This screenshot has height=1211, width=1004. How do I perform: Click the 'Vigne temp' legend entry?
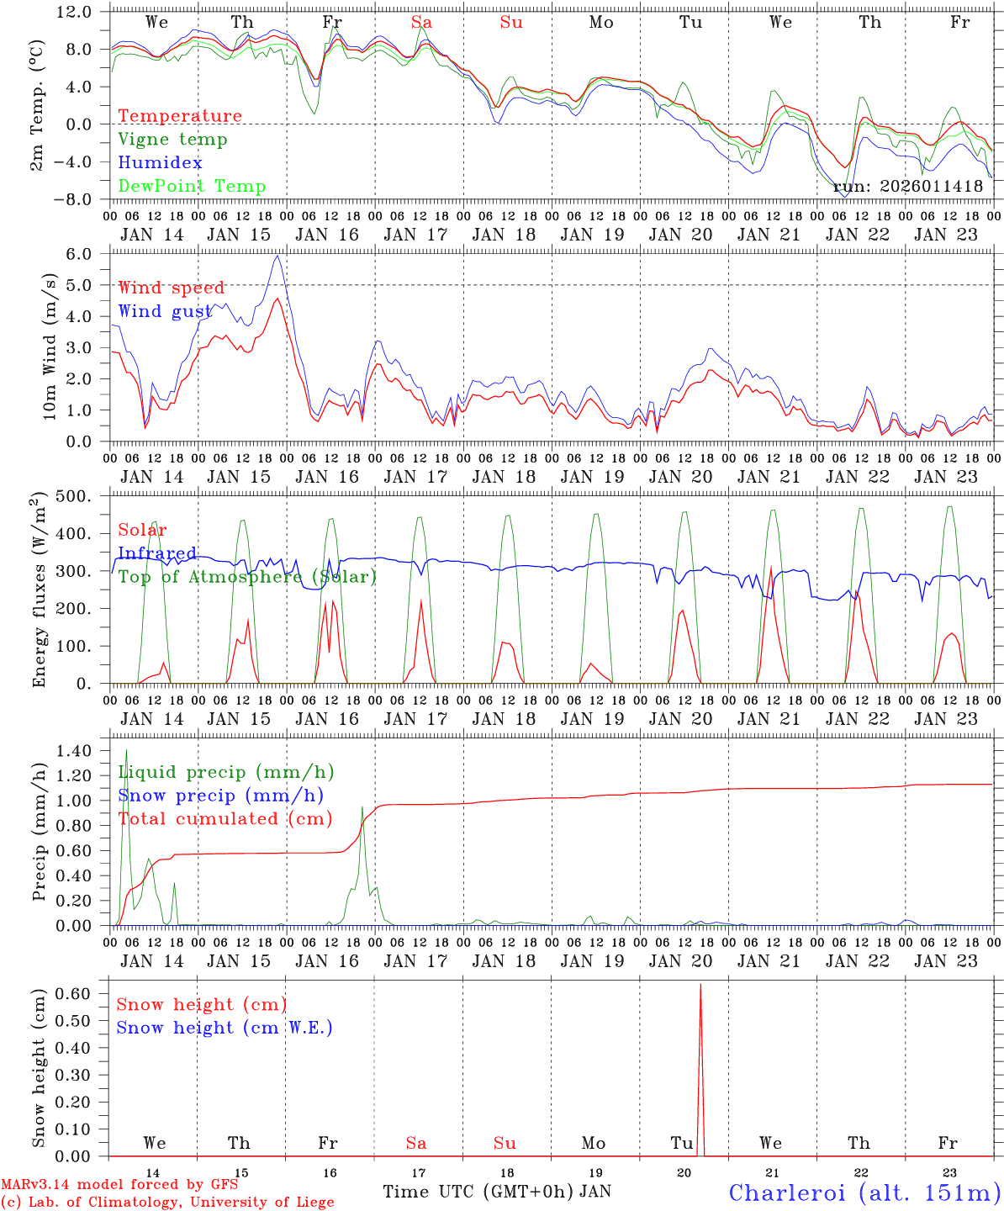click(x=172, y=140)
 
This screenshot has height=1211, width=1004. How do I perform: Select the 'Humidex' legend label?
click(x=160, y=163)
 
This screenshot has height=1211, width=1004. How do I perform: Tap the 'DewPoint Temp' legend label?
click(x=192, y=187)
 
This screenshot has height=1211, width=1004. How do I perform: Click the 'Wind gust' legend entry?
click(x=165, y=312)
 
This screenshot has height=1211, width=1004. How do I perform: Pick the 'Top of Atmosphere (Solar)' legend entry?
click(x=247, y=577)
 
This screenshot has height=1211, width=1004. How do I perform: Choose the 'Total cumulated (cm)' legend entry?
click(x=225, y=819)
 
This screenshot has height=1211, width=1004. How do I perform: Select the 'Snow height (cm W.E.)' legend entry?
click(x=225, y=1028)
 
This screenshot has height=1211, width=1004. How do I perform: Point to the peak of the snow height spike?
click(x=700, y=984)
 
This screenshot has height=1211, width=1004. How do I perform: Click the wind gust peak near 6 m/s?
click(x=277, y=256)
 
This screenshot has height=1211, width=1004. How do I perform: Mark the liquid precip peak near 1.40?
click(x=126, y=750)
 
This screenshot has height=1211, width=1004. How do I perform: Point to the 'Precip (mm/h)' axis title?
click(x=39, y=832)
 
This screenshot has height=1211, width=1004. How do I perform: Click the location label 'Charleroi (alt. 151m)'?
click(x=864, y=1192)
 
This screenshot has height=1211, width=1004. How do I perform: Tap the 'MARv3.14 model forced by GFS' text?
click(x=119, y=1185)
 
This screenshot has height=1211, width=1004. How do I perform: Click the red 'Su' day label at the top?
click(x=511, y=23)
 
